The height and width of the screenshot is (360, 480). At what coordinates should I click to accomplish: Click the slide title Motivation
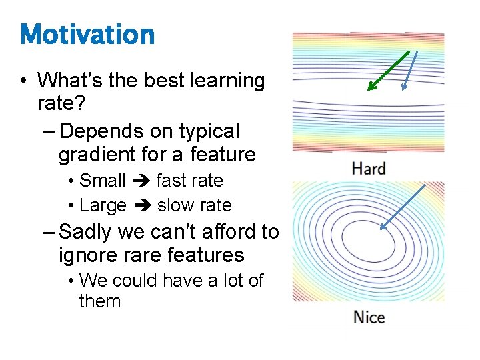click(87, 35)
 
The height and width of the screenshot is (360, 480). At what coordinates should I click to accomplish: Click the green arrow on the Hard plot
click(388, 71)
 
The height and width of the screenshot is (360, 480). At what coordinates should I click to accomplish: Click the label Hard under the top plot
click(369, 169)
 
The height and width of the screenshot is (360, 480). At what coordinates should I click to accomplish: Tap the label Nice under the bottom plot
click(369, 317)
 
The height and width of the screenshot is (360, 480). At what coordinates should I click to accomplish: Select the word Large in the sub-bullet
click(103, 205)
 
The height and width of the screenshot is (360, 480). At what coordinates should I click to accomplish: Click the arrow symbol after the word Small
click(141, 181)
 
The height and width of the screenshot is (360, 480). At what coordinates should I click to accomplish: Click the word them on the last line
click(100, 301)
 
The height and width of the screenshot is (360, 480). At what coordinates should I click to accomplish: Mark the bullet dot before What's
click(23, 81)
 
